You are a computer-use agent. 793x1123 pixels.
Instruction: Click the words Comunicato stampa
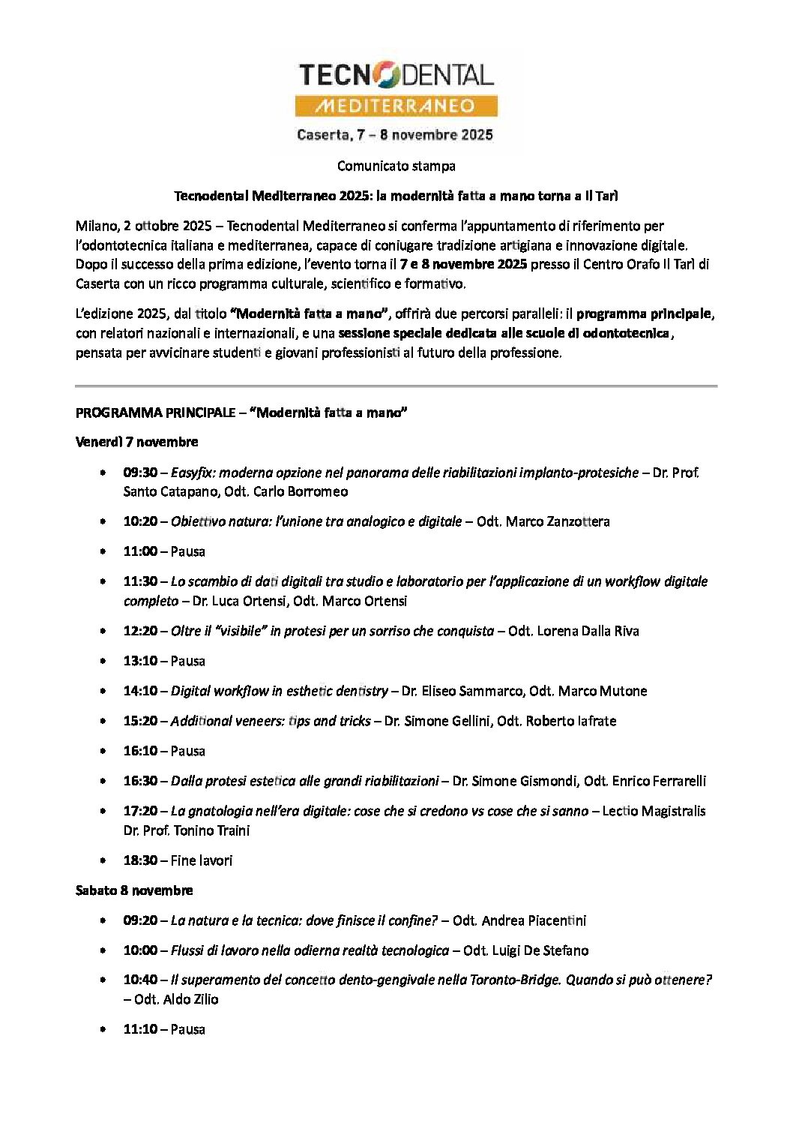tap(396, 166)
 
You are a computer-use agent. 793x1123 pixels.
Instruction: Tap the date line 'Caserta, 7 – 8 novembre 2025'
tap(395, 135)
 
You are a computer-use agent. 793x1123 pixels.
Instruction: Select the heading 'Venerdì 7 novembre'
tap(136, 442)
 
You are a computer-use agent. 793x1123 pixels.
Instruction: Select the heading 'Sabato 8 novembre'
tap(134, 890)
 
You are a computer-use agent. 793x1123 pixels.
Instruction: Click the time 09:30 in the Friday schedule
tap(140, 473)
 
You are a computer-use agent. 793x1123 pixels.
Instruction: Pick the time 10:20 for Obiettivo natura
tap(140, 521)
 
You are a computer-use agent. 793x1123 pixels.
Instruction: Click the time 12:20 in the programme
tap(140, 631)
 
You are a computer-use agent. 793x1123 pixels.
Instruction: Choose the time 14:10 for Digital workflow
tap(140, 691)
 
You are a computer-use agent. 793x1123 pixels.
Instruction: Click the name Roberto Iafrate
tap(571, 721)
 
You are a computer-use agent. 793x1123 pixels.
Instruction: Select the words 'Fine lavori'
tap(202, 860)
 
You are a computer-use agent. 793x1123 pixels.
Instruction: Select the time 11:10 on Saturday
tap(140, 1029)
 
